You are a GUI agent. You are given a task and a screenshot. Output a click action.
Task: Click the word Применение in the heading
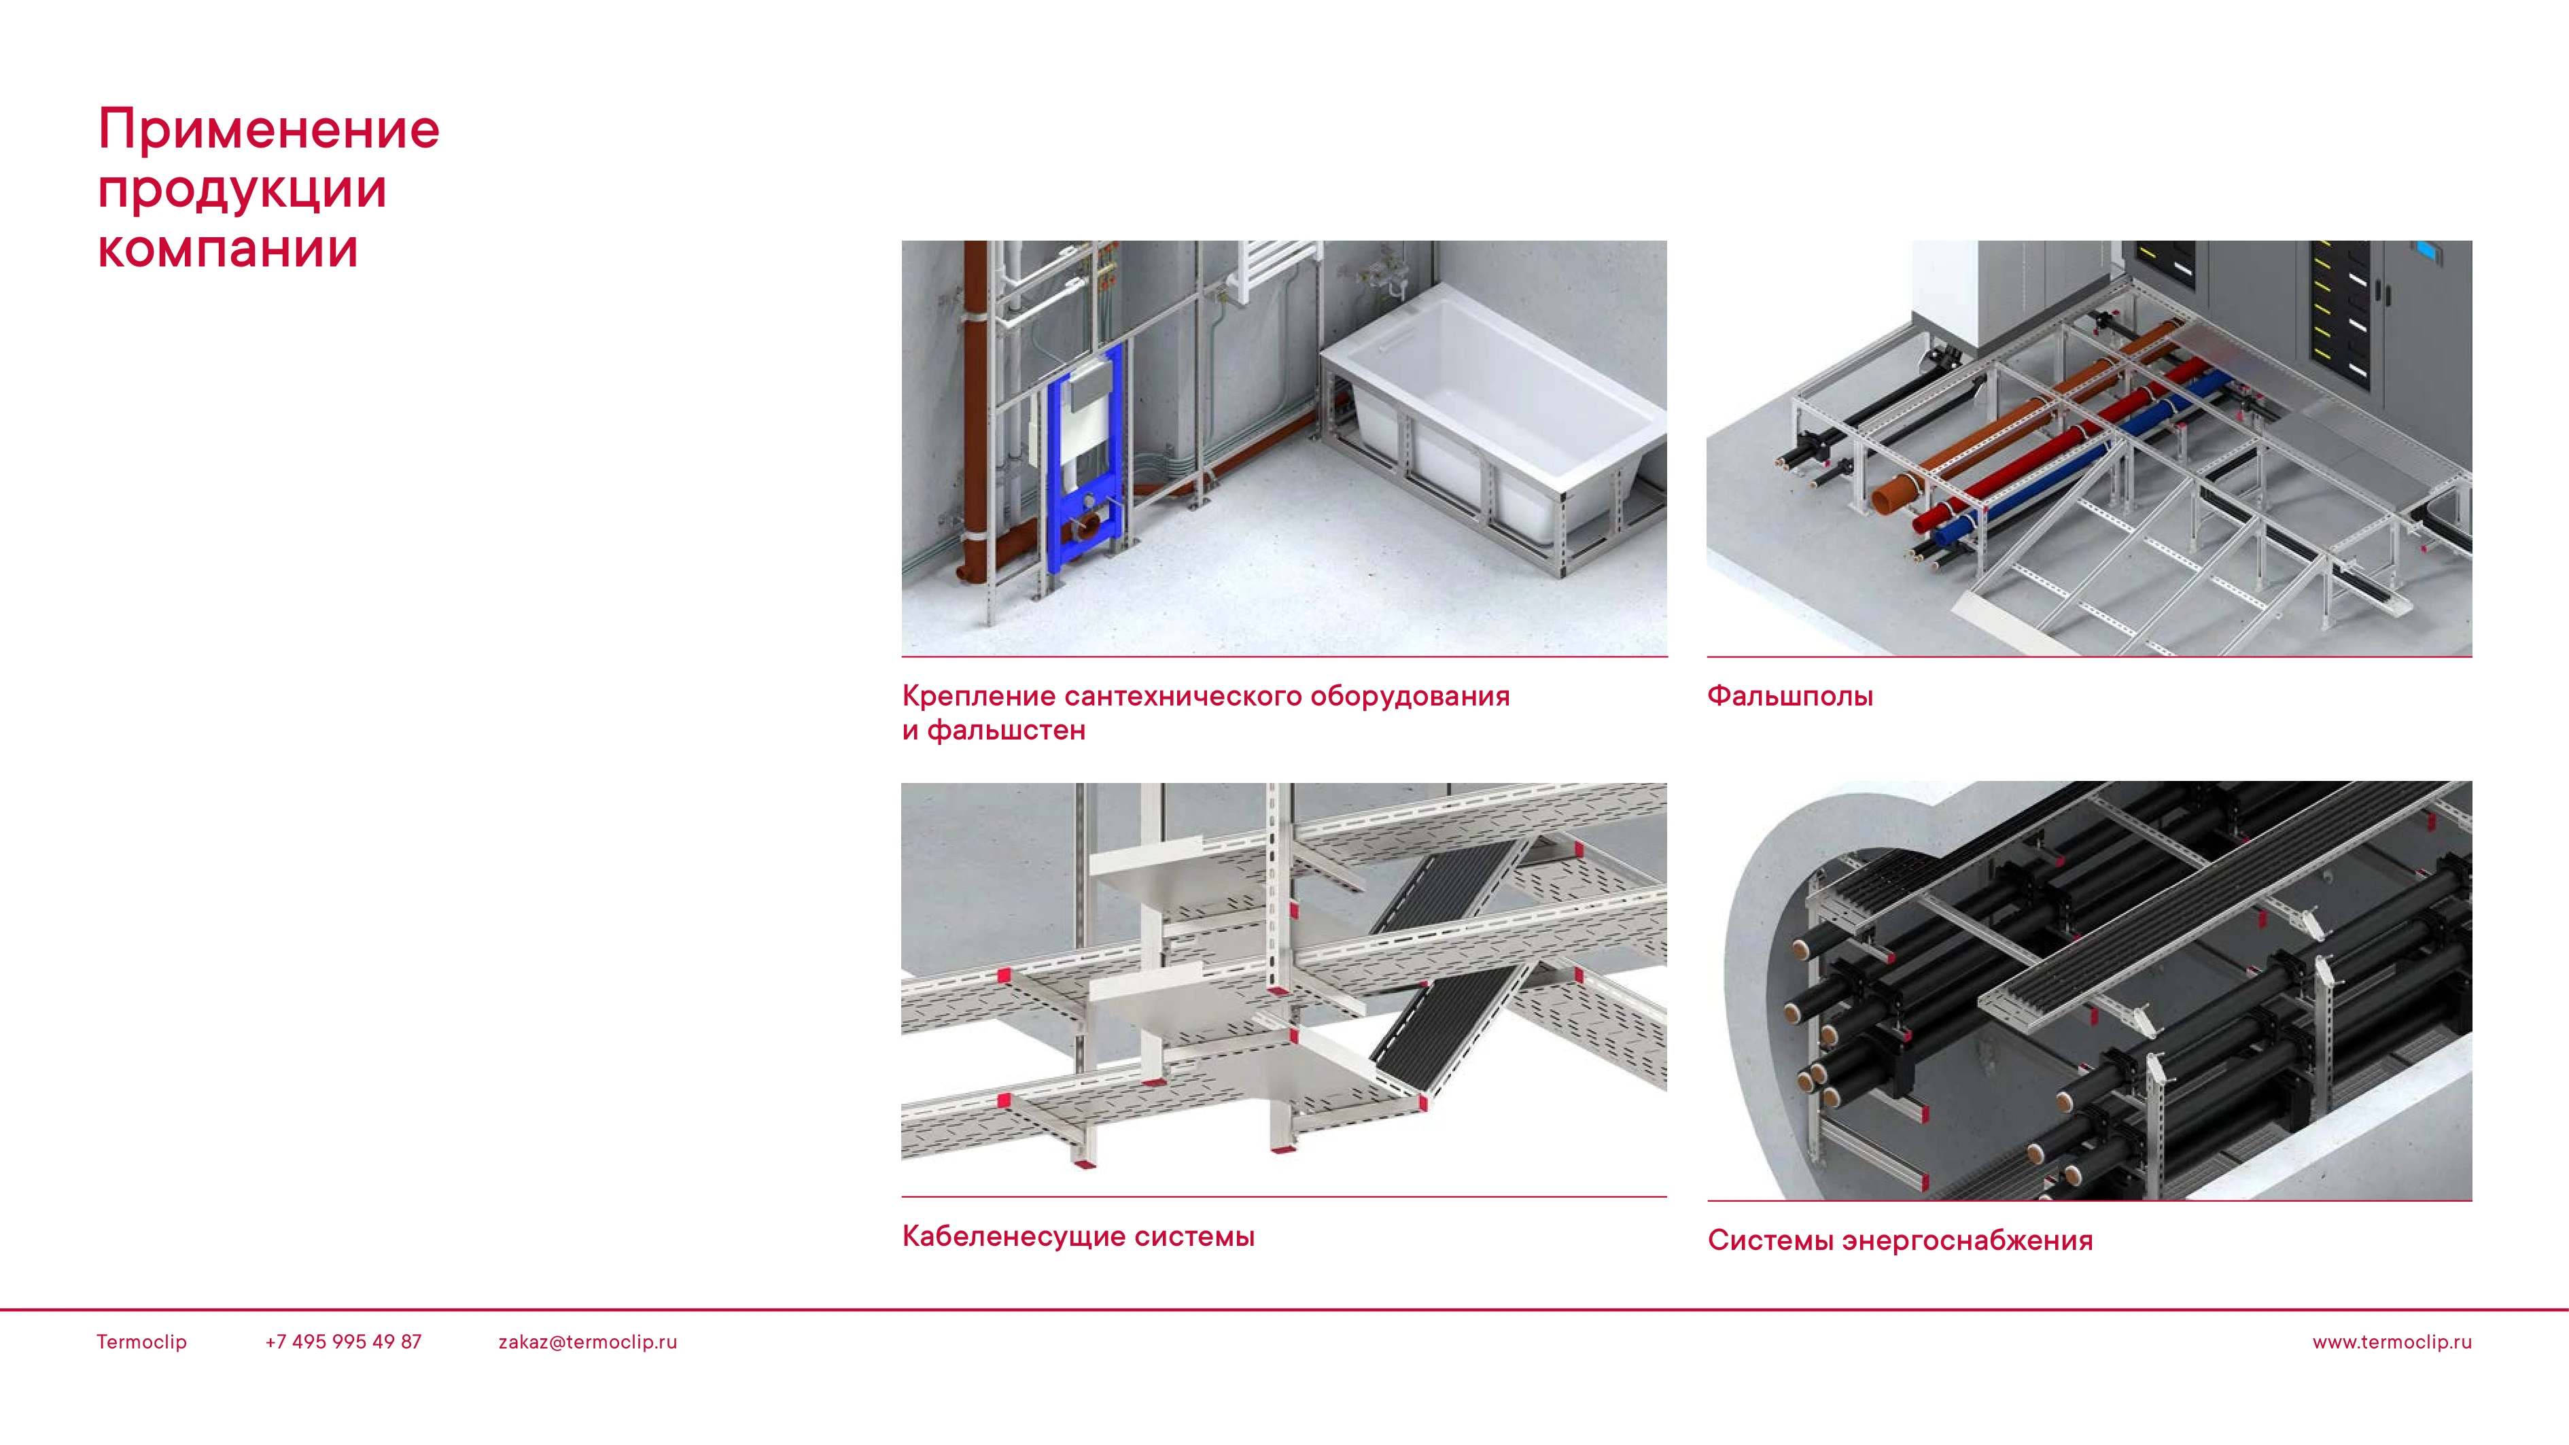point(268,130)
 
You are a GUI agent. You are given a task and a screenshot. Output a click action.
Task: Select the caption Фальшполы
point(1790,696)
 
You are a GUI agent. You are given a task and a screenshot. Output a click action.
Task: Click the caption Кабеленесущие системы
point(1078,1236)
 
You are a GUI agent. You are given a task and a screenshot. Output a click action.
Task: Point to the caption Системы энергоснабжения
point(1900,1240)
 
